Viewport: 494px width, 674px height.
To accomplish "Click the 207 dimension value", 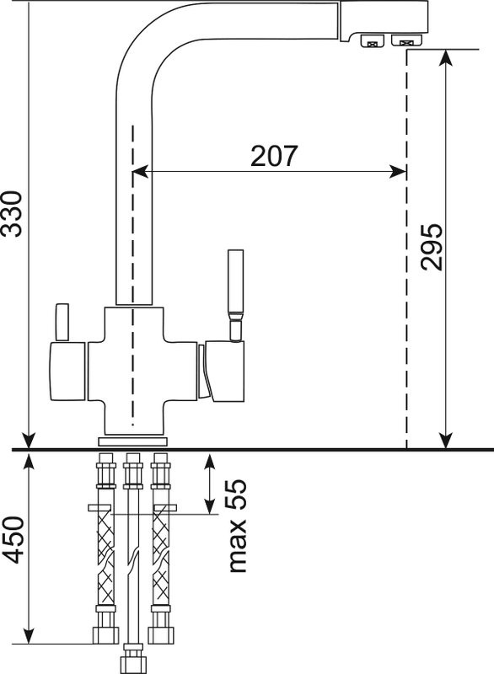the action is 274,156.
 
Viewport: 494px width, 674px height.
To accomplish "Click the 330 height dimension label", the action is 12,214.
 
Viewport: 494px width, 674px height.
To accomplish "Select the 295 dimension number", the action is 432,247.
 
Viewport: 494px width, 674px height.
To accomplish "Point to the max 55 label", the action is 238,525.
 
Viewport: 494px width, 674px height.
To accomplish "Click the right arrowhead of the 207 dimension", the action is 397,172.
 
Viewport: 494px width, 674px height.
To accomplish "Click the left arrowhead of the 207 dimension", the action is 140,172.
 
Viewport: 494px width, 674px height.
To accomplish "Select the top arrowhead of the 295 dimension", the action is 446,58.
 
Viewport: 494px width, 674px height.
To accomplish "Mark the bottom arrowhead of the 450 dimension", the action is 29,635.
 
